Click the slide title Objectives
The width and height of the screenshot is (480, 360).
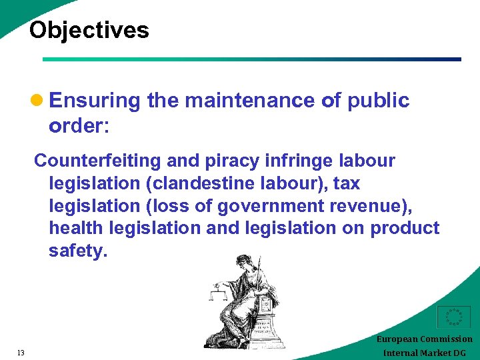[x=89, y=30]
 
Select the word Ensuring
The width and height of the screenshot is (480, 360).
[x=95, y=101]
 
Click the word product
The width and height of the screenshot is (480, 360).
[x=405, y=228]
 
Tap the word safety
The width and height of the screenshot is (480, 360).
[x=77, y=251]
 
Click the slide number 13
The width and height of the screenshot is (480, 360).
[x=21, y=353]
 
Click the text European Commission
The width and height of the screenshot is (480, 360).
[x=424, y=339]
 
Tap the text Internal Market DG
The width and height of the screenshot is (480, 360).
[x=424, y=353]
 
